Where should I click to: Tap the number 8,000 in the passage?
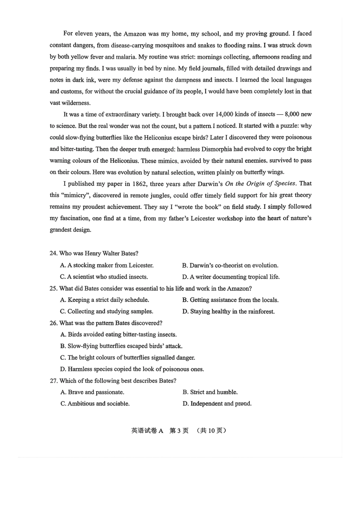pos(292,114)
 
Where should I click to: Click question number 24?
pos(53,253)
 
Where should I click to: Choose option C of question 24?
pos(104,277)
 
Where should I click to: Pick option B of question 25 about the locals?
pos(230,300)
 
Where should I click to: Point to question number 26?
pos(53,323)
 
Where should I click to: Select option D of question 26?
pos(132,369)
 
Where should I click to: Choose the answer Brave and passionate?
pos(92,392)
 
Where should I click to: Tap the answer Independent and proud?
pos(217,404)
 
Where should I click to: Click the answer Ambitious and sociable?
pos(95,404)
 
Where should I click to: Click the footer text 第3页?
pos(178,431)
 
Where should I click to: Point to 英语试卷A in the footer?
pos(147,431)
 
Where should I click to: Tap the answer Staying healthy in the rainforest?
pos(228,312)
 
